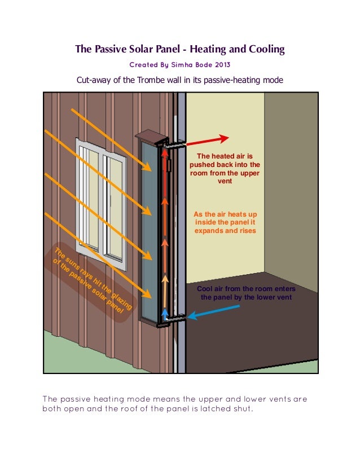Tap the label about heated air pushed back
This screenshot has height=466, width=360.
(225, 169)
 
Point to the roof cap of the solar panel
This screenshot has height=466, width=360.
(151, 137)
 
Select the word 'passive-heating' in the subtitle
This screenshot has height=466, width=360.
(240, 80)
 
